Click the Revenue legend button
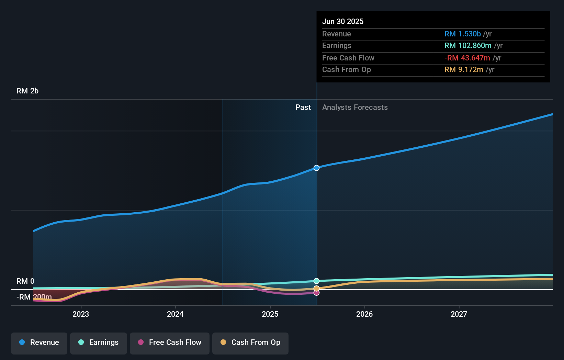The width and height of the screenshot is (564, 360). (x=39, y=342)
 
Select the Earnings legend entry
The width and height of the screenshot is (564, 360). (x=99, y=342)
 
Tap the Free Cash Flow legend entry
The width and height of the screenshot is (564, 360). (x=170, y=342)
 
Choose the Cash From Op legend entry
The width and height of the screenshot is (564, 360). (x=250, y=342)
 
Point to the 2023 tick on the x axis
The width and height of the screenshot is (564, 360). (x=81, y=314)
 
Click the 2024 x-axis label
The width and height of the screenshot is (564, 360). (x=175, y=314)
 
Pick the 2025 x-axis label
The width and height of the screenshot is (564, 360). (x=270, y=314)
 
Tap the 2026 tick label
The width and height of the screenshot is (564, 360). (x=364, y=314)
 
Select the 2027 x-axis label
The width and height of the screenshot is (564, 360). (x=459, y=314)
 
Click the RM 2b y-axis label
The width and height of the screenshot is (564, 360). (x=27, y=91)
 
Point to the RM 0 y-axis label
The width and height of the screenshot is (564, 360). (x=25, y=281)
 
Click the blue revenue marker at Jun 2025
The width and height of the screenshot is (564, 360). (x=317, y=168)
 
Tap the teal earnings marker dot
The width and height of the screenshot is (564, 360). (x=317, y=281)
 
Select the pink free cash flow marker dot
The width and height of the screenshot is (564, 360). (x=317, y=293)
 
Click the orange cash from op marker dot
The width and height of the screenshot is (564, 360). (x=317, y=288)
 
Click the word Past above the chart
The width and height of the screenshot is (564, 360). (x=303, y=108)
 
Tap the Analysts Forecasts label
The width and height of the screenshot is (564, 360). (x=355, y=108)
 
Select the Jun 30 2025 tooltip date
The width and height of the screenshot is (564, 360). (x=343, y=21)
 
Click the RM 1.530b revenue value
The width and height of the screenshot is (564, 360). (x=462, y=34)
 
